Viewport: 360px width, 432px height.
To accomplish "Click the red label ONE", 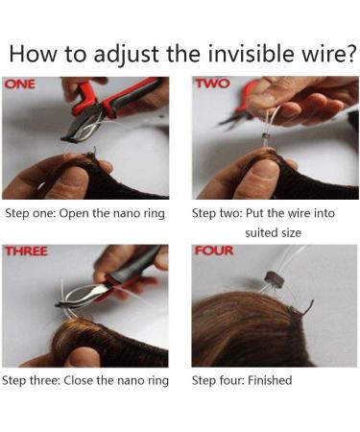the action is (20, 84).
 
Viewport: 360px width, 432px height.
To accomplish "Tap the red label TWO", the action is (213, 84).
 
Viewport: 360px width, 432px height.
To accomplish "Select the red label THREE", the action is (26, 252).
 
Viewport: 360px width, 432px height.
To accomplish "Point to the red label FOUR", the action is (214, 251).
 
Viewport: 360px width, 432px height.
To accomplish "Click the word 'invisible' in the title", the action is (250, 53).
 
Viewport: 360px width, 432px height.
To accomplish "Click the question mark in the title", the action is (350, 53).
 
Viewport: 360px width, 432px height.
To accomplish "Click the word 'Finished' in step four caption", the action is (270, 380).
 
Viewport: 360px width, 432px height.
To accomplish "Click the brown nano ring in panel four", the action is (276, 279).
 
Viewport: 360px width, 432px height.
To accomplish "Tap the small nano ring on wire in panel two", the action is (265, 137).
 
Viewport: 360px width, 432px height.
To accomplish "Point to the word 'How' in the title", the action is (32, 53).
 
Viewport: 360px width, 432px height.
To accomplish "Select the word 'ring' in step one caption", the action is (155, 214).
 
